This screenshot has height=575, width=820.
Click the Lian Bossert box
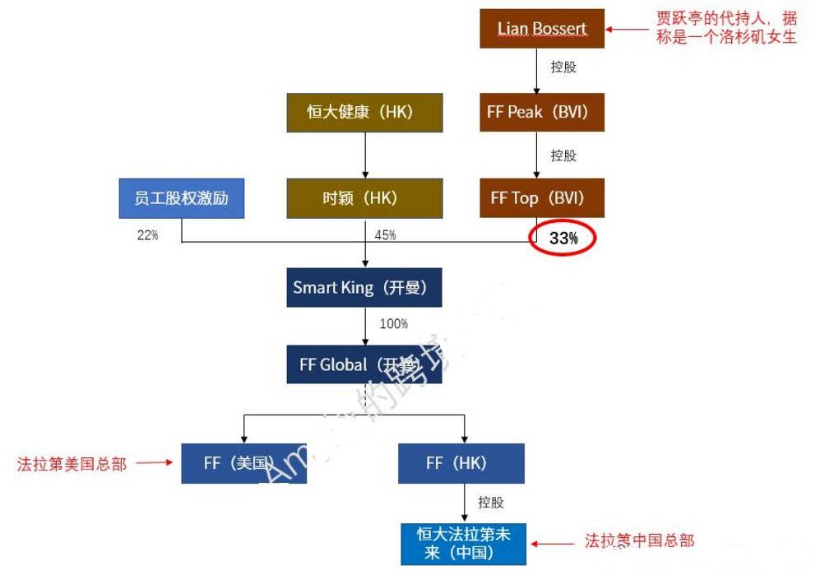542,29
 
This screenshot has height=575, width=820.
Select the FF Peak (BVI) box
542,112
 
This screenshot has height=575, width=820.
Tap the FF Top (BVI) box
542,197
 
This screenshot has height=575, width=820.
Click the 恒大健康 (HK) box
364,113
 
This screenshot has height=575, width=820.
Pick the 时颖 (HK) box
364,198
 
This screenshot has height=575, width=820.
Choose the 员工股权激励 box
181,198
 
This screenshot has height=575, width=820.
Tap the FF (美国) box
243,463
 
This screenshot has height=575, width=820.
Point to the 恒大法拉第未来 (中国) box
464,544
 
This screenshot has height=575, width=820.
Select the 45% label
385,235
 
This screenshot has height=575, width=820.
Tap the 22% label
148,234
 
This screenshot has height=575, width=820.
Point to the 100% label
393,324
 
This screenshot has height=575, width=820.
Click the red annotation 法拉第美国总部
72,464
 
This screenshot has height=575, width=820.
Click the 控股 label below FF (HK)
491,502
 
